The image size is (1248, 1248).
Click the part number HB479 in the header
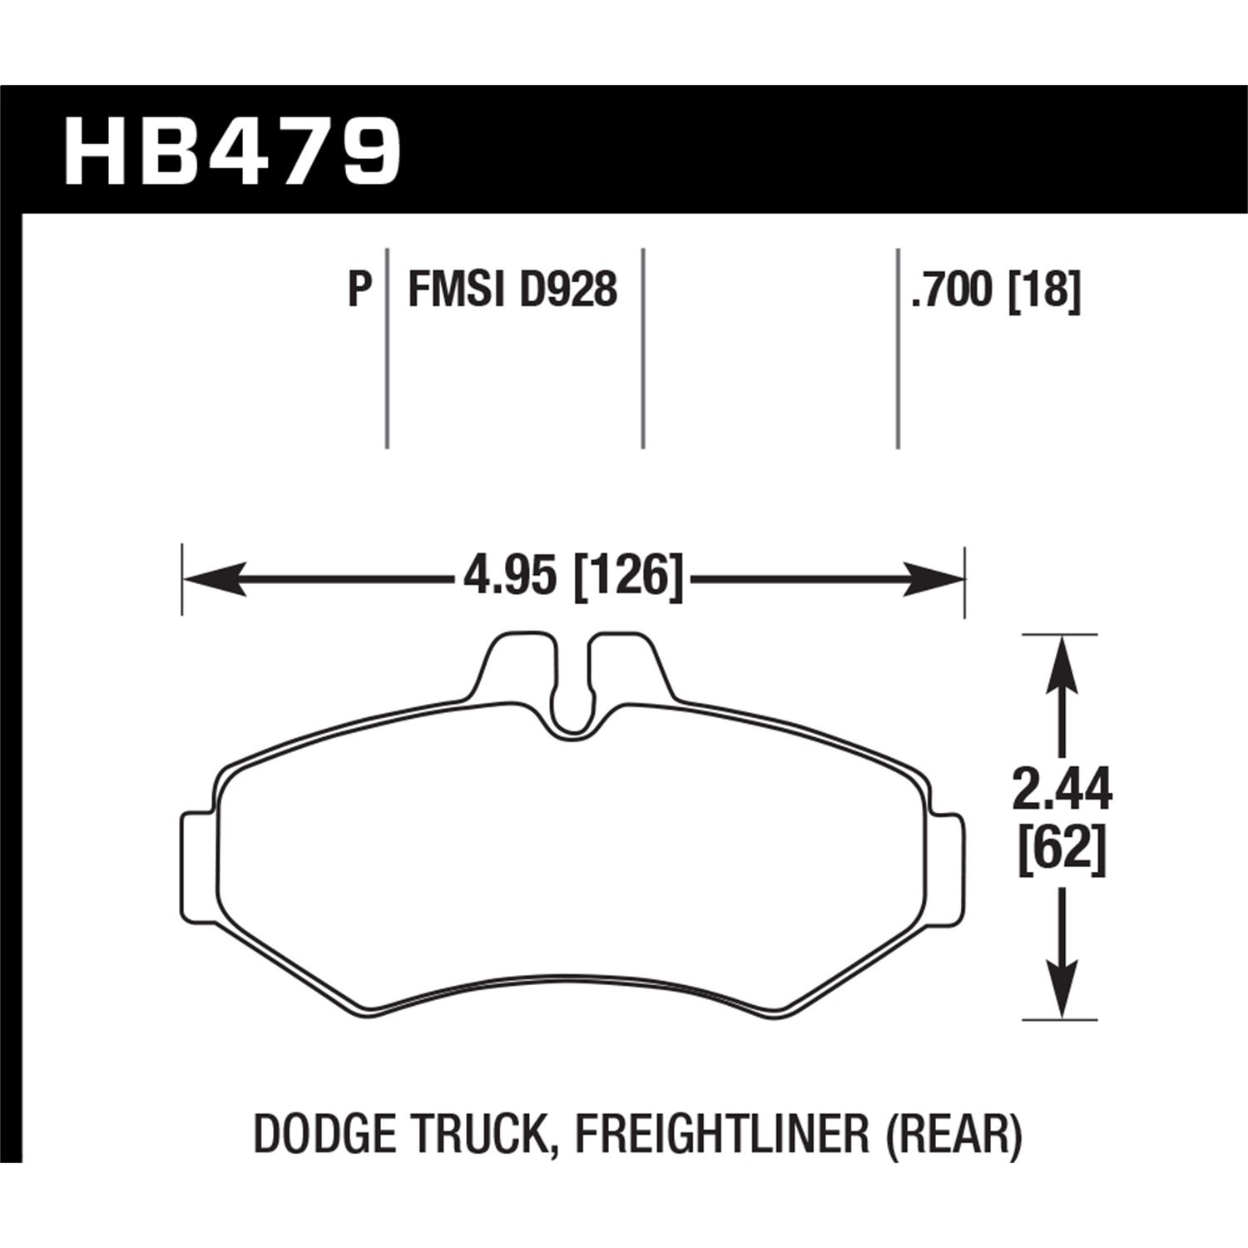point(232,154)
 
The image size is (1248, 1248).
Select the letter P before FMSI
point(358,290)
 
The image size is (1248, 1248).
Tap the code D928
point(568,290)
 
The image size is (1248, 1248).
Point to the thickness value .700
point(953,290)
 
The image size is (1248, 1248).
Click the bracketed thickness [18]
point(1044,290)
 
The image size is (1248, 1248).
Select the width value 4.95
point(509,577)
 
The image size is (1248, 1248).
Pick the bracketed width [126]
point(629,577)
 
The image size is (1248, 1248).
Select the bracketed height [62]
point(1062,854)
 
